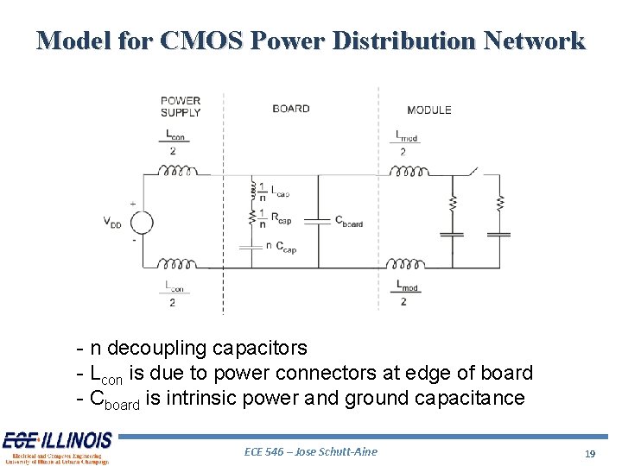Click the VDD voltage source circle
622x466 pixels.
pos(141,223)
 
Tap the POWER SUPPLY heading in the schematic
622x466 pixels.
pos(181,106)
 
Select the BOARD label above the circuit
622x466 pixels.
pos(290,109)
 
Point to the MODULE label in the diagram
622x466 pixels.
pos(428,110)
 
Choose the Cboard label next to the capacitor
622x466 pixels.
pos(349,222)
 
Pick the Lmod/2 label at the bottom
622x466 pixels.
pos(406,292)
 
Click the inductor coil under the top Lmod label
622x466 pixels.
pos(407,172)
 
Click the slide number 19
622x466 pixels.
pos(590,453)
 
